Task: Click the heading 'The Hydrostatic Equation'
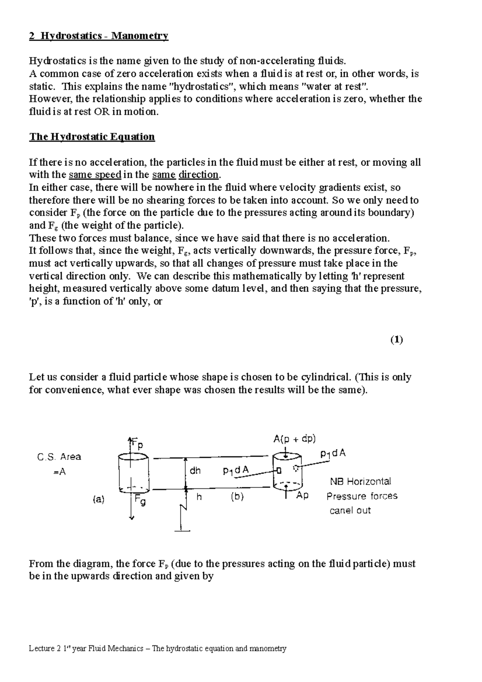tap(92, 137)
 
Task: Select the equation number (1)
tap(396, 340)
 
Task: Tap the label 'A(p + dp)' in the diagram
tap(294, 439)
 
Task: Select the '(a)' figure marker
tap(98, 499)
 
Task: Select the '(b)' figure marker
tap(237, 497)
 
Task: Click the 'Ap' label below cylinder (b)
tap(302, 496)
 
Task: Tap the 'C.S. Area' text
tap(59, 457)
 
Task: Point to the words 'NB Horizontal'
tap(360, 481)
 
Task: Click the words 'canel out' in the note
tap(350, 510)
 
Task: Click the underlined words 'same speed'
tap(95, 175)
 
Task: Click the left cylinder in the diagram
tap(134, 473)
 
